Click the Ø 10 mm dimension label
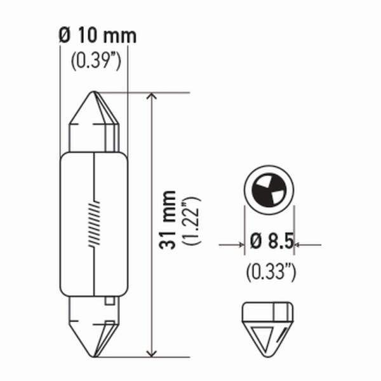(x=97, y=36)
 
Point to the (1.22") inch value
(x=192, y=221)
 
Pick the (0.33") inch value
(x=271, y=273)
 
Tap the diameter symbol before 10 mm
(x=63, y=36)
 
